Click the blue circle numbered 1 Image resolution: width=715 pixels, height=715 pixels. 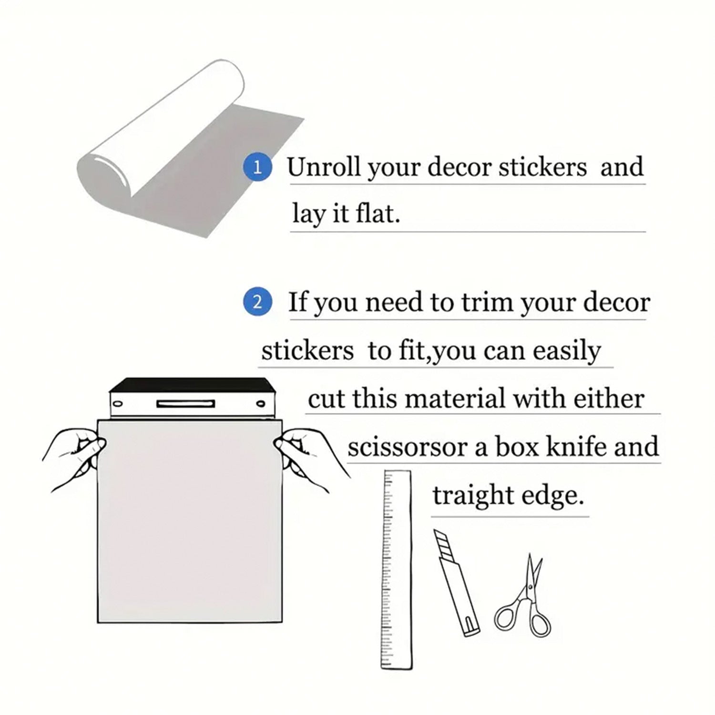pos(257,168)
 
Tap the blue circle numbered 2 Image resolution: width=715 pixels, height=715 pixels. pos(257,302)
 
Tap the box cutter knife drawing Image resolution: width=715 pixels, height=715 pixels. pos(456,582)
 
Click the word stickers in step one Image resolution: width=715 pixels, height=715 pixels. pos(543,167)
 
